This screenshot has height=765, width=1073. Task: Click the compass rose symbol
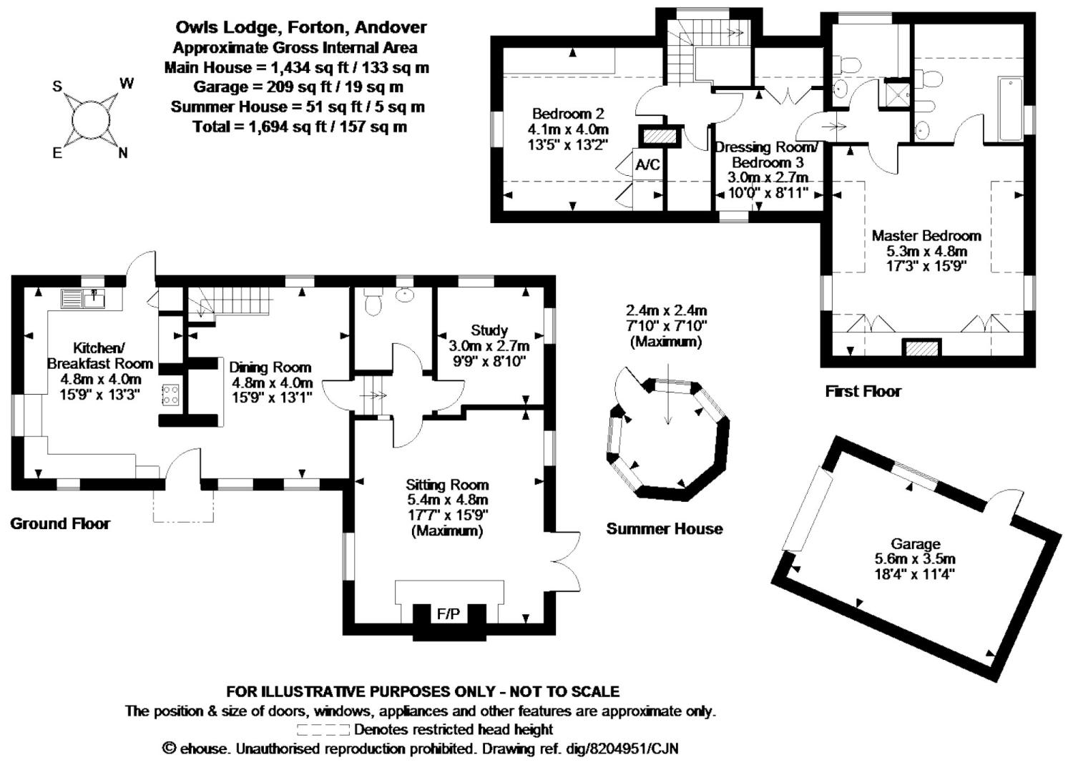click(92, 119)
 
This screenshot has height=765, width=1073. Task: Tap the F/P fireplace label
click(449, 613)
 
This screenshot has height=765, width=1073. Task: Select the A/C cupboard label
click(648, 165)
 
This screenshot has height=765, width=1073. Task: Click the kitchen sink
click(83, 297)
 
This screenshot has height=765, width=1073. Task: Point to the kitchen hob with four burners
click(170, 395)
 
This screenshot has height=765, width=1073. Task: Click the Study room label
click(489, 330)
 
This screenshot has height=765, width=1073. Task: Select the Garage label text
click(915, 544)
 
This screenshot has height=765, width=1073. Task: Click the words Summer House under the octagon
click(665, 529)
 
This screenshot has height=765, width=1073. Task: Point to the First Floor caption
click(863, 391)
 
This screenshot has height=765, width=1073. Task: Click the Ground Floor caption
click(60, 524)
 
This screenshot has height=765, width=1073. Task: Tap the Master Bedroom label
click(926, 235)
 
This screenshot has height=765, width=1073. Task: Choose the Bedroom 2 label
click(568, 114)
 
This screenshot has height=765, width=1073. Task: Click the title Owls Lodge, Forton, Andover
click(301, 28)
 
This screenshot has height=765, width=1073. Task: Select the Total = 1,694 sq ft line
click(300, 127)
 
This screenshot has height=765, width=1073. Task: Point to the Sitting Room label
click(447, 485)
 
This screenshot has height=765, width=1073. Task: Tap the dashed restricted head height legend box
click(323, 730)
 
